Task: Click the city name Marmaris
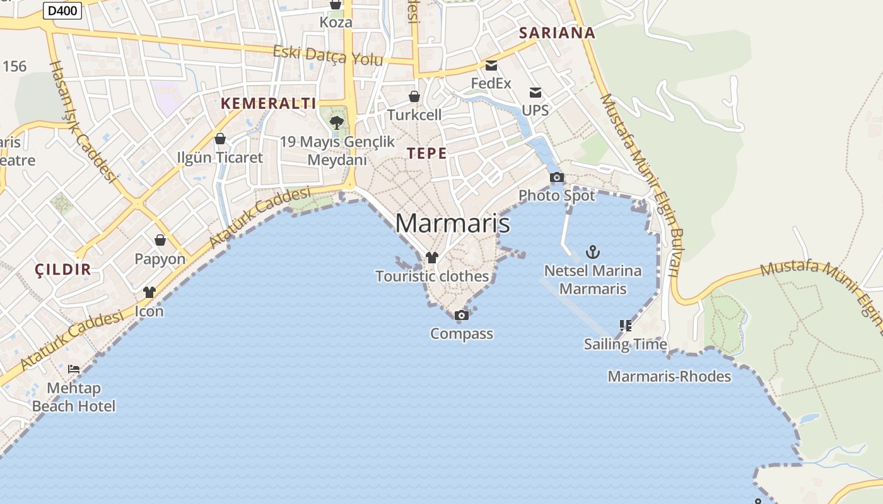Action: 452,224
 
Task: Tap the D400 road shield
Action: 62,10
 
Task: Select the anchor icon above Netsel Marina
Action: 592,253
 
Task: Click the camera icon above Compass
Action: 462,315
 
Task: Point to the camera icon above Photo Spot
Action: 556,178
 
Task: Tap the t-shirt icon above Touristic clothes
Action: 432,257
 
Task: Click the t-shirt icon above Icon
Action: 149,292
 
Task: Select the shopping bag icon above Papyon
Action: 160,240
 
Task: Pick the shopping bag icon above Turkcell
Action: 414,96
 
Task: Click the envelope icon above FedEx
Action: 491,65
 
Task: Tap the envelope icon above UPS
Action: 535,93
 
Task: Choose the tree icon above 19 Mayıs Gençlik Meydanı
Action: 337,122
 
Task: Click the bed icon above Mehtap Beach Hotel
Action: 74,369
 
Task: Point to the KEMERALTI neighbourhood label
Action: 268,103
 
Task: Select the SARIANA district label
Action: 557,33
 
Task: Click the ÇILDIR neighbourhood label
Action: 63,270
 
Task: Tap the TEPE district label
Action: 426,153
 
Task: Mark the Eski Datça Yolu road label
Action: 328,55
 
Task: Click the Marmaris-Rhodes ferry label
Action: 669,376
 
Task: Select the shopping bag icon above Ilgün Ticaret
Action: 220,139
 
